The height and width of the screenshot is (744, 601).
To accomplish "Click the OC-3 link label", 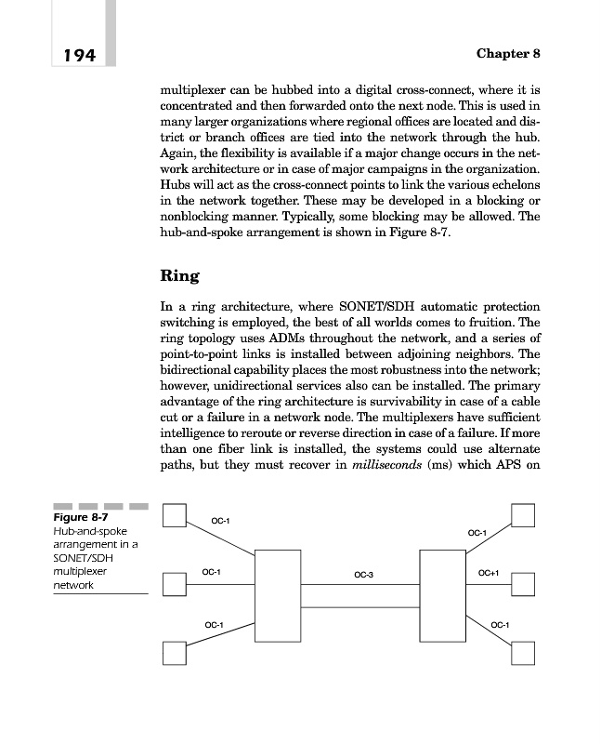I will click(363, 576).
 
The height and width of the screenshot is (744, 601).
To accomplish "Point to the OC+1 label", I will click(489, 573).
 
